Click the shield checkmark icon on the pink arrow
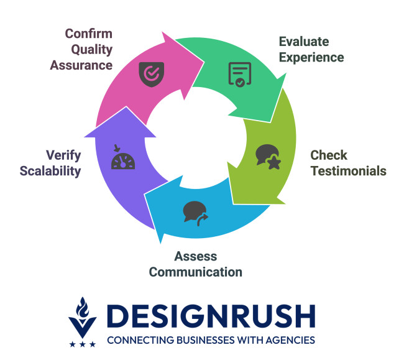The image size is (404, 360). (x=152, y=74)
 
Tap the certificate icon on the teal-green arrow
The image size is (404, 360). (x=240, y=75)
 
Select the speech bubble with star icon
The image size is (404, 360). (x=269, y=157)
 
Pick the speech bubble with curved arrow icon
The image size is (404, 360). (x=196, y=213)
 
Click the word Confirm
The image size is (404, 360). (x=89, y=34)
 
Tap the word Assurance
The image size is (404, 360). (x=81, y=65)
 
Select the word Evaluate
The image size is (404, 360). (x=304, y=42)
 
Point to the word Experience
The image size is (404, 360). (x=311, y=57)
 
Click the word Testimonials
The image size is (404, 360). (x=348, y=171)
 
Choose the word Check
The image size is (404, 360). (x=329, y=155)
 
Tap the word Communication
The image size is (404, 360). (x=196, y=272)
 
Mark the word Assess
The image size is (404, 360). (x=196, y=256)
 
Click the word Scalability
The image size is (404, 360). (x=50, y=172)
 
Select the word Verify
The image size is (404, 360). (x=63, y=155)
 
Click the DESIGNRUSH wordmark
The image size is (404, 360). (x=211, y=316)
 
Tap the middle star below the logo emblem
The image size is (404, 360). (x=83, y=344)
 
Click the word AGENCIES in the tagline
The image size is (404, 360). (x=290, y=340)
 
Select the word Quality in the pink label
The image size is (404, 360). (x=92, y=50)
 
